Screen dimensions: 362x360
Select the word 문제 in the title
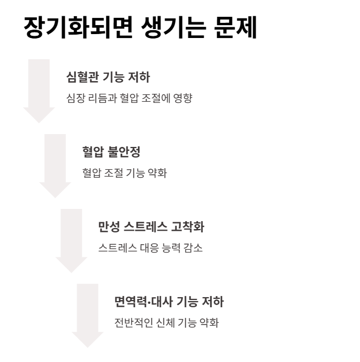[x=235, y=28]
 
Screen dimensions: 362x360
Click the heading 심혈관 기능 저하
[x=108, y=77]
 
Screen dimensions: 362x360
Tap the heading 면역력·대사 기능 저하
[x=169, y=302]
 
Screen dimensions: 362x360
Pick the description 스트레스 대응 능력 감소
[x=150, y=248]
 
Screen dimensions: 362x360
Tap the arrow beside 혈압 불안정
[x=55, y=165]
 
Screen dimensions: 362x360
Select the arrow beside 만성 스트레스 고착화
[x=72, y=241]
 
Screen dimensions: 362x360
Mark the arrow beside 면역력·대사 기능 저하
[x=88, y=316]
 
